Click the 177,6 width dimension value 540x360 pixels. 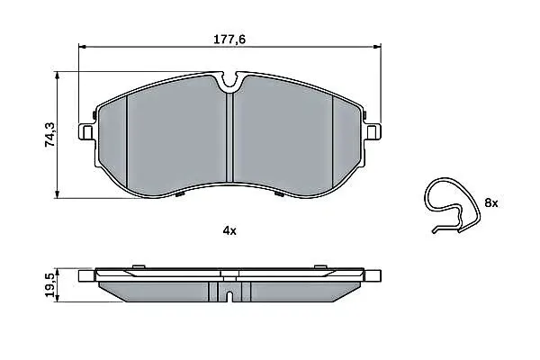[x=229, y=40]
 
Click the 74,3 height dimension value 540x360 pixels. [x=49, y=135]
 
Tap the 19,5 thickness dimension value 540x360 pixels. [x=49, y=285]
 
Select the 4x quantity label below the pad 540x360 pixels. [x=229, y=230]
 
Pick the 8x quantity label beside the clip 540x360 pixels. [x=491, y=202]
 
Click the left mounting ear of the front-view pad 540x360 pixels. [x=86, y=131]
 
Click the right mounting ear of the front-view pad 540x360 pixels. [x=373, y=131]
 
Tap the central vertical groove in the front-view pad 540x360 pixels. [x=230, y=137]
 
